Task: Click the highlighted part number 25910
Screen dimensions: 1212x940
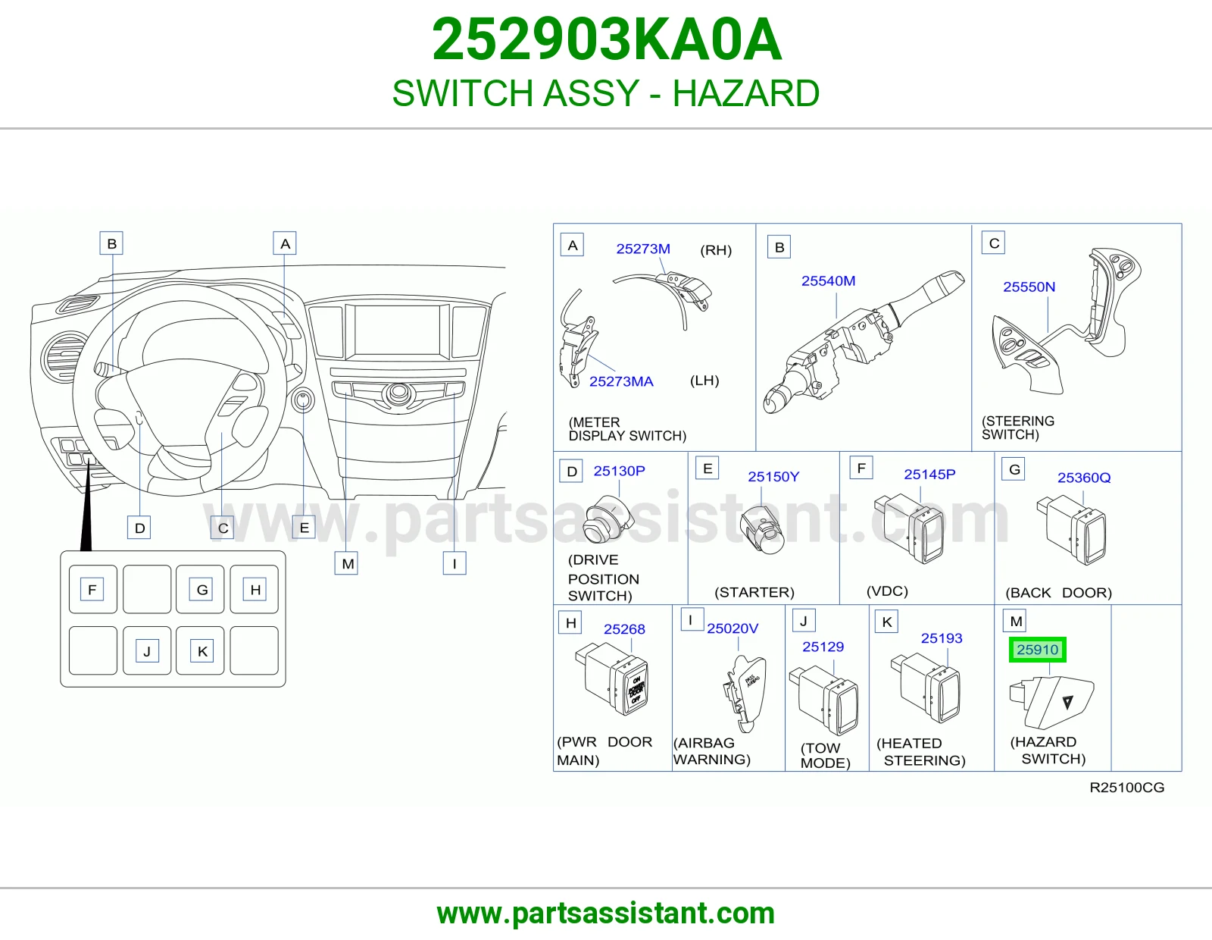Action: (x=1038, y=650)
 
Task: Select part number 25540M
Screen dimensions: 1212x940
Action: (x=828, y=280)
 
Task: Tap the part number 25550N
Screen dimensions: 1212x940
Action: (x=1029, y=287)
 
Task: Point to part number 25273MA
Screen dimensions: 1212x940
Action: (x=621, y=382)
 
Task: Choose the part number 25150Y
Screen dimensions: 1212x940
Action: (x=773, y=477)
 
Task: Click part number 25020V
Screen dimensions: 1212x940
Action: (x=733, y=628)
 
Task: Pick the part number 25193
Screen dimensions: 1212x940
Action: (x=942, y=638)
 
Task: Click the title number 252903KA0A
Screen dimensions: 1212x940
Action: (x=607, y=39)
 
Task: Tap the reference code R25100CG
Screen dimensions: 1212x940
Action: (x=1126, y=788)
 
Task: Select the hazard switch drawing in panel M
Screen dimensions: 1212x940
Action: (x=1051, y=702)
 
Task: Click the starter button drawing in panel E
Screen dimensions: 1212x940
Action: (x=762, y=531)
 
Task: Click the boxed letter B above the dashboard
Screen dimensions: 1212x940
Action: (x=111, y=243)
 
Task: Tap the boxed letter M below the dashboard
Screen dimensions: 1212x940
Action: (x=346, y=563)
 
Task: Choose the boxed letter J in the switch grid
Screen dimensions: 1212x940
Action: (x=147, y=651)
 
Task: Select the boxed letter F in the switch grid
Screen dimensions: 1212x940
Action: (x=92, y=590)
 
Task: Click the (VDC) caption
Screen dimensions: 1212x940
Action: (x=887, y=591)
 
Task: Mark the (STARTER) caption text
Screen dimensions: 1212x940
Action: (x=754, y=592)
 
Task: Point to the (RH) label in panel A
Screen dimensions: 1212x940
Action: (x=716, y=250)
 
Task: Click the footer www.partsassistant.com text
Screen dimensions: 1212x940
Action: (x=606, y=913)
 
